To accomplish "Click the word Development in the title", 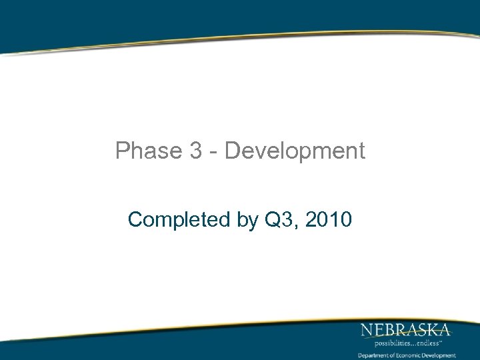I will [x=295, y=151].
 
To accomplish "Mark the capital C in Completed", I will [x=136, y=219].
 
